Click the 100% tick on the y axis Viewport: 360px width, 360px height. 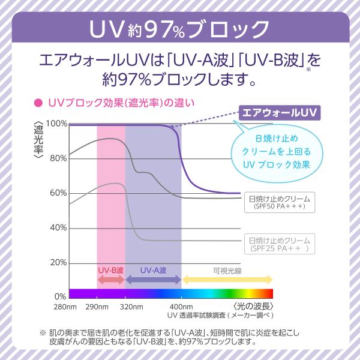tap(56, 124)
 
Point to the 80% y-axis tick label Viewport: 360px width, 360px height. tap(58, 158)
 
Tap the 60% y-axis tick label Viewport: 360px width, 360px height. tap(58, 193)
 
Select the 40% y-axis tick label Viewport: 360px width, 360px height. tap(58, 228)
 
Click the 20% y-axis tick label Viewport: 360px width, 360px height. tap(58, 263)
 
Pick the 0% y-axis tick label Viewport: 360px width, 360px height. tap(61, 296)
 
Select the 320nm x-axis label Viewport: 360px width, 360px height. tap(126, 308)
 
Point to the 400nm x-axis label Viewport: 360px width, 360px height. tap(181, 308)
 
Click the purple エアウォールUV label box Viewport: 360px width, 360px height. tap(278, 112)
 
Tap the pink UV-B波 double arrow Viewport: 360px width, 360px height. tap(111, 280)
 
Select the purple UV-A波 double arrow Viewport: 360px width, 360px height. tap(154, 280)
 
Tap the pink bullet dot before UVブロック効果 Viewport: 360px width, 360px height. tap(38, 103)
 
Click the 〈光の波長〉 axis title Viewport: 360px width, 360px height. tap(253, 308)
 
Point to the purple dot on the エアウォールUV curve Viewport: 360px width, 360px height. tap(172, 127)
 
